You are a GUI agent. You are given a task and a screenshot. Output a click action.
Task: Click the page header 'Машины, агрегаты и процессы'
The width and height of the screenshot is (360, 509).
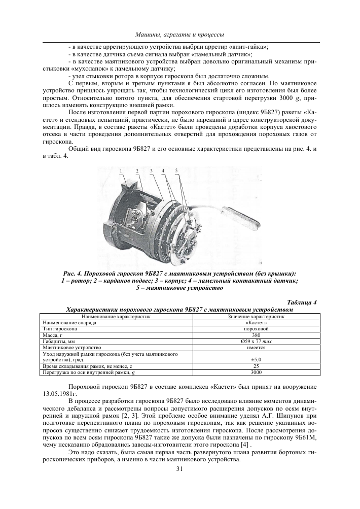point(180,34)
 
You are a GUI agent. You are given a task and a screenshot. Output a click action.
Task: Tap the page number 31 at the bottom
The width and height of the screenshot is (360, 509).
point(179,469)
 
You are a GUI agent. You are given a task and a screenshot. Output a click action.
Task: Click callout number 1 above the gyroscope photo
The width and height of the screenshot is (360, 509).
point(121,170)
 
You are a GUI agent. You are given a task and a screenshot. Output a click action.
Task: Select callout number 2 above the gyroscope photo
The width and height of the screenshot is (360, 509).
point(136,170)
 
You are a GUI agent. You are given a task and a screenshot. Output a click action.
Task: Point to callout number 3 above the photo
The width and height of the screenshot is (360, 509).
point(152,170)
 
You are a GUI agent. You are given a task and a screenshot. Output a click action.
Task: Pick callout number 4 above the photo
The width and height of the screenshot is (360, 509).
point(164,170)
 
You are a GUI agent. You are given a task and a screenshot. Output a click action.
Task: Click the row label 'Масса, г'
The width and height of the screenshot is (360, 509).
point(52,335)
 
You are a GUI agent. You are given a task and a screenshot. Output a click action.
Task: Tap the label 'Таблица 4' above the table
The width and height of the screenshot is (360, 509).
point(302,302)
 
